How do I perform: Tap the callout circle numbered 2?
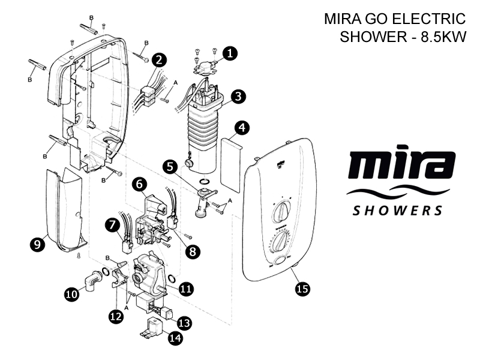pos(159,60)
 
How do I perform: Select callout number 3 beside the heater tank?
pos(239,96)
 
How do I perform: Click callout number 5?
pos(172,167)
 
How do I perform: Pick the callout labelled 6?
pos(139,185)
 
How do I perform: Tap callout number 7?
pos(112,225)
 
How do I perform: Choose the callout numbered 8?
pos(192,251)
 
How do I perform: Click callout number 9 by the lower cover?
pos(37,244)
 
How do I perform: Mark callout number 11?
pos(186,289)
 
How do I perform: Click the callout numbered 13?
pos(184,323)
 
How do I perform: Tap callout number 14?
pos(175,338)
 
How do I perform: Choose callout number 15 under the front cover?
pos(302,289)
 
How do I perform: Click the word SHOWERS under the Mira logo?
pos(397,211)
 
